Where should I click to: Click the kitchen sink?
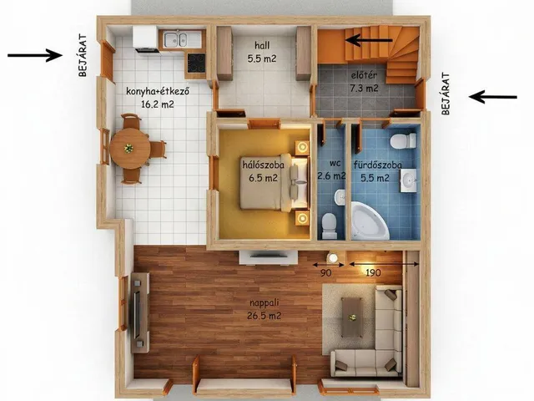[x=175, y=39]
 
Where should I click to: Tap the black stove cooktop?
[x=196, y=63]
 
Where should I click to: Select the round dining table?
[x=130, y=149]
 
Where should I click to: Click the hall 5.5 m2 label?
[x=262, y=52]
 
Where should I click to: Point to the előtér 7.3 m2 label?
[x=364, y=82]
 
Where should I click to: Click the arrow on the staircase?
[x=369, y=40]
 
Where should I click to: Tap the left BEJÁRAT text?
[x=83, y=55]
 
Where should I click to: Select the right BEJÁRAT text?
[x=446, y=93]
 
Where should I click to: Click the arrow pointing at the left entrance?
[x=35, y=55]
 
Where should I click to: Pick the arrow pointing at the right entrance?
[x=493, y=97]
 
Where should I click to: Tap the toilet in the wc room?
[x=329, y=226]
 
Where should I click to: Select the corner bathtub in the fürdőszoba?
[x=370, y=221]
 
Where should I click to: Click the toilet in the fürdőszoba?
[x=403, y=141]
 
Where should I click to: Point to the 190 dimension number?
[x=373, y=273]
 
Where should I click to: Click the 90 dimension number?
[x=326, y=273]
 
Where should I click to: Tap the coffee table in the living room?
[x=352, y=317]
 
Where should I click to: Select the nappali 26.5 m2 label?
[x=264, y=309]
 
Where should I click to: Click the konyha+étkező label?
[x=158, y=91]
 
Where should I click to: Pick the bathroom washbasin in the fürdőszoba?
[x=408, y=180]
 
